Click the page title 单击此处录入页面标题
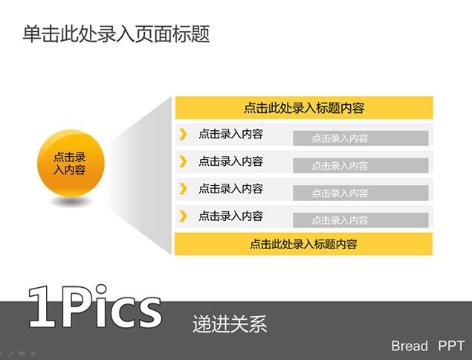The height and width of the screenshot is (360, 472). (x=116, y=33)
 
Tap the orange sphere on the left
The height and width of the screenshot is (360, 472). (x=71, y=164)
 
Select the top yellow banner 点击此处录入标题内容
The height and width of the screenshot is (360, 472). (x=304, y=108)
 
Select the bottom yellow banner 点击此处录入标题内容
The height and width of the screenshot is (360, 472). (x=303, y=244)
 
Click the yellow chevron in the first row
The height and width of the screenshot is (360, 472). (x=183, y=134)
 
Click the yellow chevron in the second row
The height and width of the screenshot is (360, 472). (x=183, y=161)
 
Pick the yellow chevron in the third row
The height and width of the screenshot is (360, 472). (x=183, y=189)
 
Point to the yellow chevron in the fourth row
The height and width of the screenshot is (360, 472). (x=183, y=216)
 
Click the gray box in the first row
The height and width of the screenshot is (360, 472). (x=361, y=138)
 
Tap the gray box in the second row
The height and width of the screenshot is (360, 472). (x=361, y=165)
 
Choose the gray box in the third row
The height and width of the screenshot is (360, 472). (x=361, y=193)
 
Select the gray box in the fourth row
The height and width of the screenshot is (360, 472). (x=361, y=220)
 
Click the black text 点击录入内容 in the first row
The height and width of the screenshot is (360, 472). (x=230, y=134)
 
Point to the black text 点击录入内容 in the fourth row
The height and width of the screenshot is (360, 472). (x=230, y=216)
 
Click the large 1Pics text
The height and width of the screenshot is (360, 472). (x=95, y=306)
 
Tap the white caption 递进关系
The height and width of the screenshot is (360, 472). (x=230, y=324)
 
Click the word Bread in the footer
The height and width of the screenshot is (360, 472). (x=410, y=346)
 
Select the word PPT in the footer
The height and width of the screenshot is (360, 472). (x=451, y=346)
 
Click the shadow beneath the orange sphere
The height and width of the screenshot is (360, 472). (x=71, y=202)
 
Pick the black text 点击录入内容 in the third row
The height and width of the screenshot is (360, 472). (x=230, y=189)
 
